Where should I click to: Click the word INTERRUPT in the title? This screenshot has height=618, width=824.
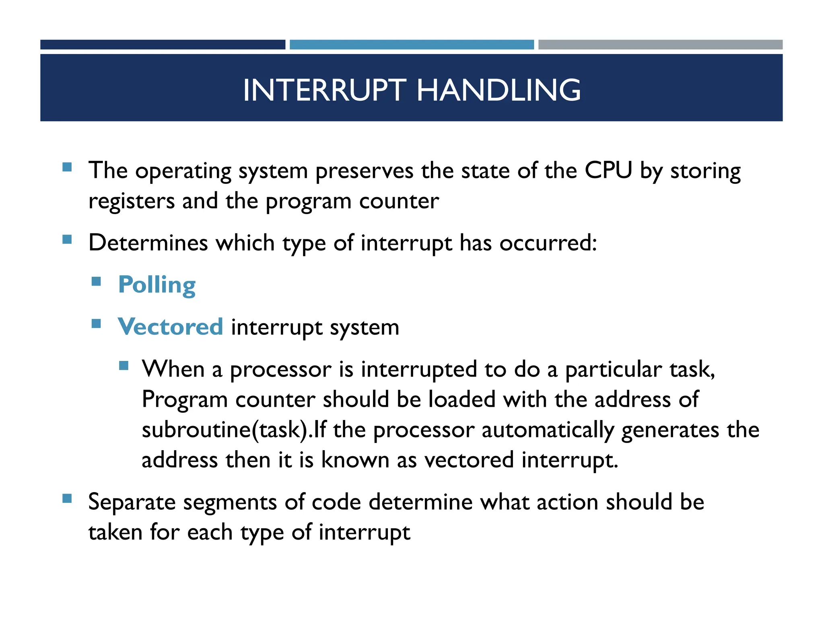[x=325, y=90]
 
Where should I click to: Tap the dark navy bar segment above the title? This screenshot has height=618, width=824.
[x=163, y=44]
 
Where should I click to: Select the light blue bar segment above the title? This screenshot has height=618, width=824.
[x=412, y=44]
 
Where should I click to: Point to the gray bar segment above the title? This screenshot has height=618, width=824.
[x=660, y=44]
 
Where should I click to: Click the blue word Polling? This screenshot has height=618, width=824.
[x=157, y=285]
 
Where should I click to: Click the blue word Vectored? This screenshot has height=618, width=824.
[x=170, y=326]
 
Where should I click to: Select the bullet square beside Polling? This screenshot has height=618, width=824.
[x=96, y=281]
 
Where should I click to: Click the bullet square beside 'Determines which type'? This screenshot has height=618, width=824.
[x=67, y=240]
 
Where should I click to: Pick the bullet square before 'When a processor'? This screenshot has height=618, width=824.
[x=124, y=365]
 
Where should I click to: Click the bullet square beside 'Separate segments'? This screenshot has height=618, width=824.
[x=67, y=499]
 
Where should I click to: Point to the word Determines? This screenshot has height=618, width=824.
[x=148, y=243]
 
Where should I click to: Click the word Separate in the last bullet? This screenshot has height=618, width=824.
[x=132, y=502]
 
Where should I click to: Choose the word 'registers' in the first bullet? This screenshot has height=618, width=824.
[x=131, y=201]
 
